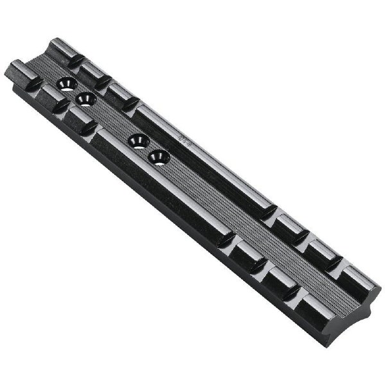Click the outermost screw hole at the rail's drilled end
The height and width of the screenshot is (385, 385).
[x=66, y=84]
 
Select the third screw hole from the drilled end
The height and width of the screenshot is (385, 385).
[x=138, y=141]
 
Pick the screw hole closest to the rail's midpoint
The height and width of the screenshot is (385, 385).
[x=157, y=156]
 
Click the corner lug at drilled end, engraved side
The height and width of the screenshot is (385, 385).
[x=64, y=51]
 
